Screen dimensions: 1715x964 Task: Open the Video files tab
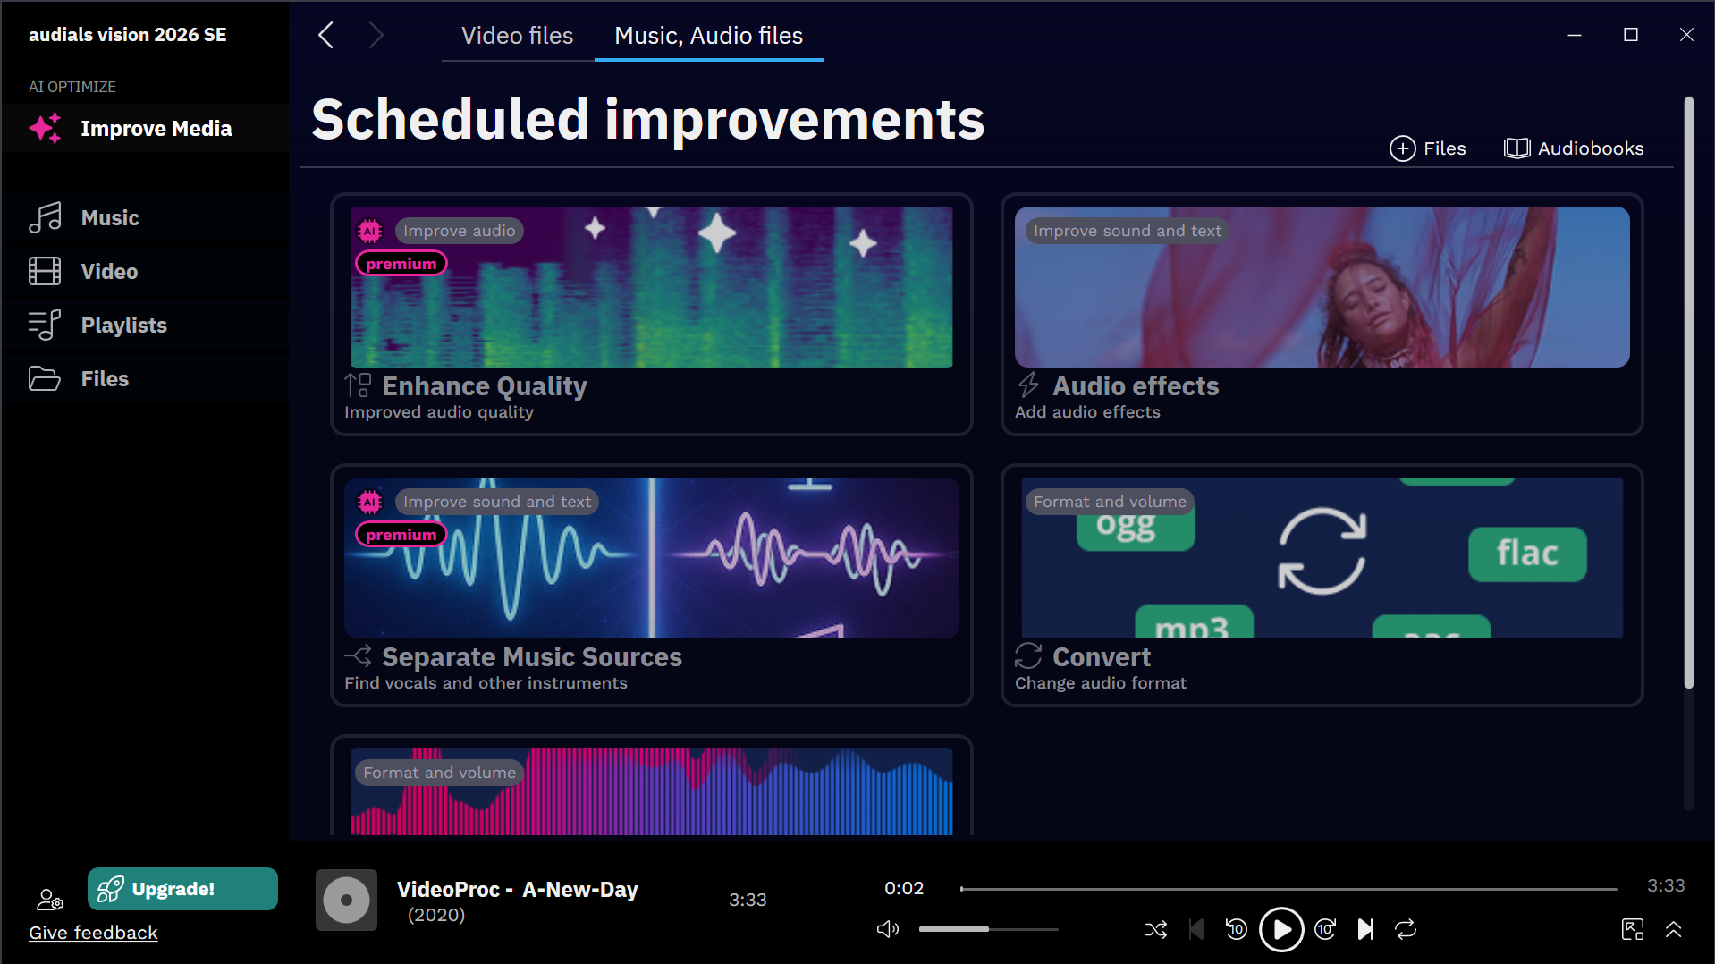(x=517, y=36)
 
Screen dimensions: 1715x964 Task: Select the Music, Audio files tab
(x=708, y=36)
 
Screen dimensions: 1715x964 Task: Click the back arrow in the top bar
(x=326, y=36)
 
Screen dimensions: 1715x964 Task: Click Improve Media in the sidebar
(x=156, y=129)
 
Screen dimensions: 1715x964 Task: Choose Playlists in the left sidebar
(x=124, y=326)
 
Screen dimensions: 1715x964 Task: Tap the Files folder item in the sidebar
(x=105, y=379)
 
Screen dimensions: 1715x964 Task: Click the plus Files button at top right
(x=1427, y=148)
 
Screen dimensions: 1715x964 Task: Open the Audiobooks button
(x=1574, y=148)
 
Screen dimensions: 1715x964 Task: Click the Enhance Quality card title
(x=485, y=386)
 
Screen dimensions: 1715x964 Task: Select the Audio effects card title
(x=1136, y=386)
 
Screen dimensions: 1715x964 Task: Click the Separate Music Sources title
(x=532, y=657)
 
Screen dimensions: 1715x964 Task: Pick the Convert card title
(x=1102, y=657)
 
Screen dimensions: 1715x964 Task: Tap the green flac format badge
(x=1527, y=554)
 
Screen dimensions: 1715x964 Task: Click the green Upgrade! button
(x=182, y=889)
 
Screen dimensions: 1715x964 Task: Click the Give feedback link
(x=93, y=933)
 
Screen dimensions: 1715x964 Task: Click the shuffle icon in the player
(x=1156, y=930)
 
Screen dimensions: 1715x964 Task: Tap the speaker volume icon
(x=887, y=929)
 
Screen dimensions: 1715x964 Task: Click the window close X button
(x=1686, y=35)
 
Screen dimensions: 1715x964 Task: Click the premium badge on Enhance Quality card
(x=401, y=264)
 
